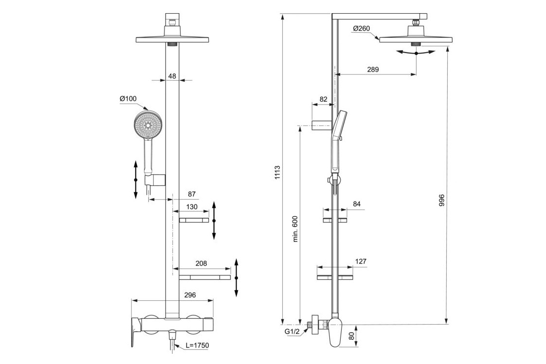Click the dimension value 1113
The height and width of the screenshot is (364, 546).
point(277,173)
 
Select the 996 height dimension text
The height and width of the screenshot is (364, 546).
point(441,200)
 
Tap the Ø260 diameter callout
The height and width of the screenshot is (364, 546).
point(362,29)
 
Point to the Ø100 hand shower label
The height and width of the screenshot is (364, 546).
point(128,99)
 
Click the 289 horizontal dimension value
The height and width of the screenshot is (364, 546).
point(372,70)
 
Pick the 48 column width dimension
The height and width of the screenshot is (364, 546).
point(172,76)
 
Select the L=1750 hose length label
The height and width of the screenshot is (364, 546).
point(197,346)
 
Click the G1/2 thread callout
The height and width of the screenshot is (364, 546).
point(292,332)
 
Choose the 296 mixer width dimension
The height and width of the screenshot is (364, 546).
point(190,295)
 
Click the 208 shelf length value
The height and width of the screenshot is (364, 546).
point(200,263)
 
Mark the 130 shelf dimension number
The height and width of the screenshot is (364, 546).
point(192,206)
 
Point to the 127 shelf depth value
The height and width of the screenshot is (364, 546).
point(360,261)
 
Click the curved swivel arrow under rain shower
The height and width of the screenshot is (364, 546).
point(416,53)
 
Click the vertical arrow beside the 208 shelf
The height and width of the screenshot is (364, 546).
point(237,277)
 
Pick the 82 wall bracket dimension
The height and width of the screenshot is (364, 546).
point(323,99)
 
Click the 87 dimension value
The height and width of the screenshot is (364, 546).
point(193,194)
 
